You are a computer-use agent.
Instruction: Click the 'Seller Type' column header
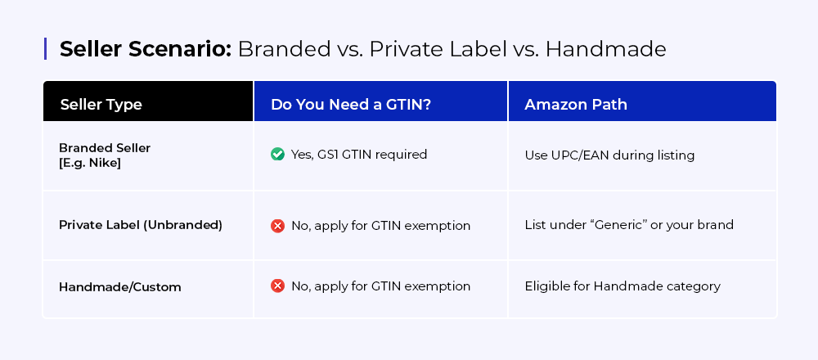[x=101, y=105]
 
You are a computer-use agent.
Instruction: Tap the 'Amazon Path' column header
[x=576, y=105]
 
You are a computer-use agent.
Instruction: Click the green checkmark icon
[x=277, y=154]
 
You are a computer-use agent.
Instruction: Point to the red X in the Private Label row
[x=277, y=225]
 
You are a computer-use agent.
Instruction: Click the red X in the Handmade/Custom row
[x=277, y=286]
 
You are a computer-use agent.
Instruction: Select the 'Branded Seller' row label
[x=105, y=147]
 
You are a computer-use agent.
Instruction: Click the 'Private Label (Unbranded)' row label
[x=141, y=224]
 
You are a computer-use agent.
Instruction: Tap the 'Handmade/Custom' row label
[x=120, y=287]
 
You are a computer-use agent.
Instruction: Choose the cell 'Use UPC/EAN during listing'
[x=609, y=155]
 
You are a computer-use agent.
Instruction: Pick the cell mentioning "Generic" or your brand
[x=629, y=225]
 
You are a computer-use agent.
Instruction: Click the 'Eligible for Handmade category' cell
[x=622, y=286]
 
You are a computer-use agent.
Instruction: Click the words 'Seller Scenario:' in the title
[x=145, y=49]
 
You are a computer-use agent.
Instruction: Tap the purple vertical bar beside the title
[x=46, y=48]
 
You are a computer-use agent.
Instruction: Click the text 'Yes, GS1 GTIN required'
[x=359, y=155]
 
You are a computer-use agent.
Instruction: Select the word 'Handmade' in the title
[x=605, y=49]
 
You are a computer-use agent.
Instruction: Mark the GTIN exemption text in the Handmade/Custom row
[x=380, y=286]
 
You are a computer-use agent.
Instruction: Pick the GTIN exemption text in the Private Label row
[x=380, y=225]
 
